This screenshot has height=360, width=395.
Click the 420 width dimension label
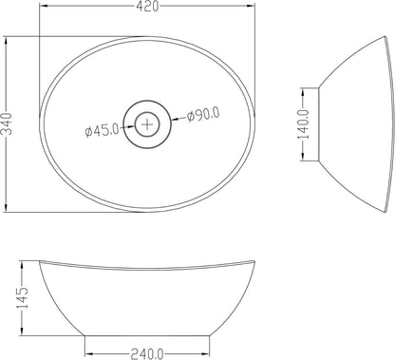pyautogui.click(x=147, y=6)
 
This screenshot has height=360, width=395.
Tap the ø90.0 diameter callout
pyautogui.click(x=203, y=115)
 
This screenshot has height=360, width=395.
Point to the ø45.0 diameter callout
pyautogui.click(x=102, y=130)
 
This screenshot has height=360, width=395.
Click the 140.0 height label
pyautogui.click(x=303, y=124)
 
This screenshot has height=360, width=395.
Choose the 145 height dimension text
pyautogui.click(x=23, y=297)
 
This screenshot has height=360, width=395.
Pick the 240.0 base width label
pyautogui.click(x=147, y=353)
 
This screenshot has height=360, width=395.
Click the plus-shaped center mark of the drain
pyautogui.click(x=147, y=124)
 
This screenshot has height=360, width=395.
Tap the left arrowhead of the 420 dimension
pyautogui.click(x=43, y=6)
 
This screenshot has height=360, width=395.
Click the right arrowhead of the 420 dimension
pyautogui.click(x=251, y=6)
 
